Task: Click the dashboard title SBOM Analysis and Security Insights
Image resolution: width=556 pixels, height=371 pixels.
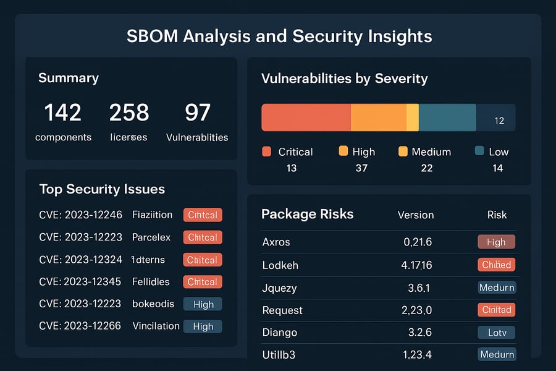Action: [x=279, y=36]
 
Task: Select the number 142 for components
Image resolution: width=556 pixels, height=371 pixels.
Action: [x=62, y=113]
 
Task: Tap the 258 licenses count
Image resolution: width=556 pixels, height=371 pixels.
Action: [x=129, y=113]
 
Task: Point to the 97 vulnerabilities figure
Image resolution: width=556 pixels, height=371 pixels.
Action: [x=197, y=113]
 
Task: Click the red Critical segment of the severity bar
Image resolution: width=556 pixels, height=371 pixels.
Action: [x=306, y=117]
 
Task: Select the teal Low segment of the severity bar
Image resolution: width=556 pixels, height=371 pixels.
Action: [x=447, y=117]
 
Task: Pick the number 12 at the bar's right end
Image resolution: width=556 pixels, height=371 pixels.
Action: [x=500, y=121]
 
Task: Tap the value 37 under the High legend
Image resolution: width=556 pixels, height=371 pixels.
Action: [x=361, y=168]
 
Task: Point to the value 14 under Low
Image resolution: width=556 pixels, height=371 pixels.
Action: [x=497, y=168]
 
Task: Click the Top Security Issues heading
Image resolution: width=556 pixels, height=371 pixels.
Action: [x=102, y=189]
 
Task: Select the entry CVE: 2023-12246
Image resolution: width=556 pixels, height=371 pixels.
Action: [x=80, y=215]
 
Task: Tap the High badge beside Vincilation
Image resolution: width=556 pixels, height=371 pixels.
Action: [x=203, y=326]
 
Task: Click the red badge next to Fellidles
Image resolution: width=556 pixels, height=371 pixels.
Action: [x=203, y=282]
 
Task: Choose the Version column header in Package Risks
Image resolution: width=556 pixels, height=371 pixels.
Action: [x=415, y=215]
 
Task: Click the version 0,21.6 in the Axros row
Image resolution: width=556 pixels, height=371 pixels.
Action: [x=418, y=242]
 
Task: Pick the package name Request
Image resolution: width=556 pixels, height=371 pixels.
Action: [x=282, y=310]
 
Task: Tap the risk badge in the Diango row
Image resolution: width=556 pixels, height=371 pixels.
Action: [x=497, y=333]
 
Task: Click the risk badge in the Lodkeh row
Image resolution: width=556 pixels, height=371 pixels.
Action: [x=497, y=265]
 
